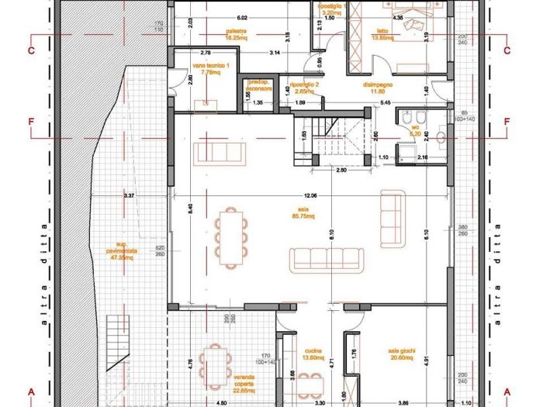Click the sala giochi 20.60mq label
pos(404,354)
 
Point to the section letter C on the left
pos(32,51)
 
